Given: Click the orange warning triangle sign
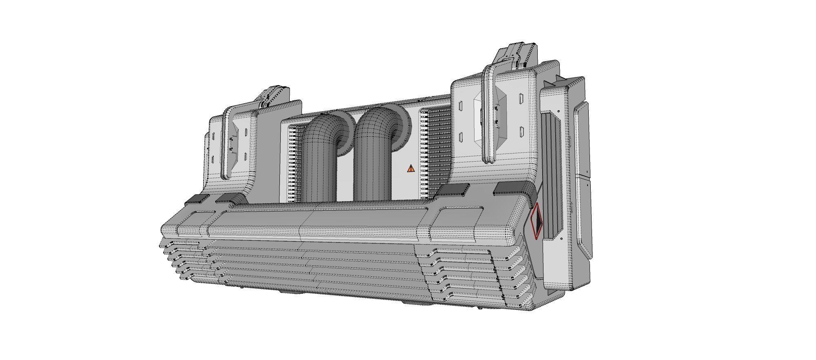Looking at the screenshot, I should click(x=411, y=168).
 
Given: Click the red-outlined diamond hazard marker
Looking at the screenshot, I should click(x=537, y=221).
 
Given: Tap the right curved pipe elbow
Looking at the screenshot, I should click(x=377, y=127).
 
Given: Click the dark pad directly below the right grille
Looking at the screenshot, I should click(x=455, y=189).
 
